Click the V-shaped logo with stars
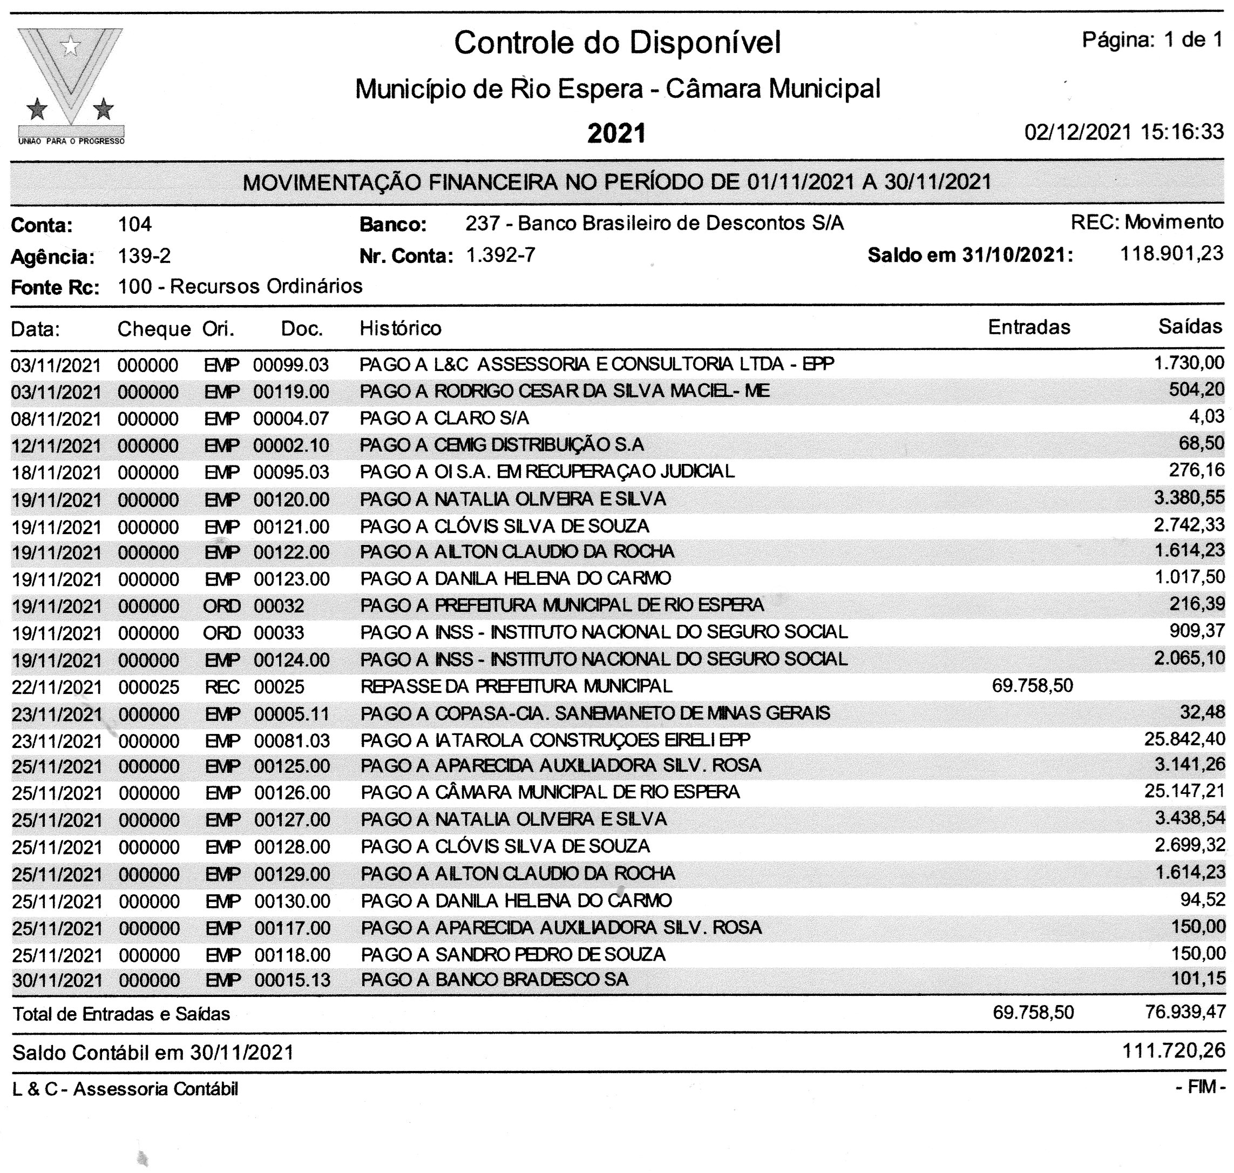(71, 84)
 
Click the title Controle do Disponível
(617, 43)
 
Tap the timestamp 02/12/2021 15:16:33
(1123, 132)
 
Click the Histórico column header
(400, 328)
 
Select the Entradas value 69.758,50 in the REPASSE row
(1032, 686)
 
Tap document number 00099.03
(290, 365)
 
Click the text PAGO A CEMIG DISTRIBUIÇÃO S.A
(501, 444)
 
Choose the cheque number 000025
(149, 687)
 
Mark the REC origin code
(222, 687)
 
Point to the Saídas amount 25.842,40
(1184, 739)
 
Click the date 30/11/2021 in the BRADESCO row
(57, 980)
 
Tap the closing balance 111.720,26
(1174, 1050)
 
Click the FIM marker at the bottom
(1200, 1087)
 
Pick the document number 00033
(279, 633)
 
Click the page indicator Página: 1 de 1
(1152, 41)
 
